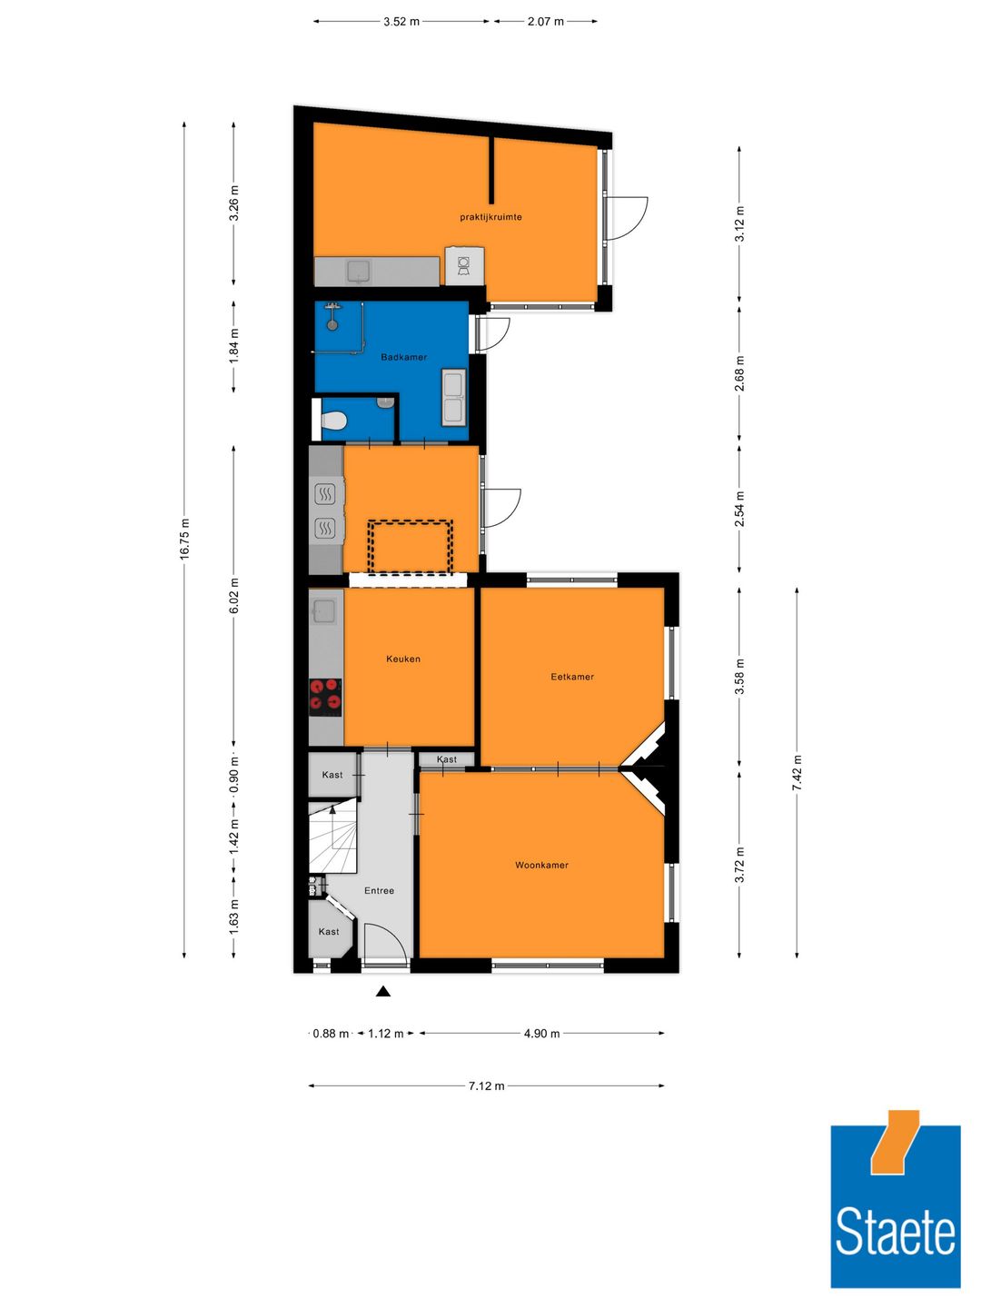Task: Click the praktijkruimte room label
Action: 490,217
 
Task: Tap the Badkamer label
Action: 403,357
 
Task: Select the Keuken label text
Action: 403,659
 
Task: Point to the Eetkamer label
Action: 572,677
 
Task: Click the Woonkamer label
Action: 541,865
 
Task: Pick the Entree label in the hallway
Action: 379,890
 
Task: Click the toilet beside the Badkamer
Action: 334,421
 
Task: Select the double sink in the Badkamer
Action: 453,397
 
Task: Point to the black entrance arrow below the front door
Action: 383,991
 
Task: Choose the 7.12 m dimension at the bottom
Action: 486,1085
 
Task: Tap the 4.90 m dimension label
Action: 541,1033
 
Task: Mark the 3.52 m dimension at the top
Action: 401,21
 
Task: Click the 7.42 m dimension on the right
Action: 797,772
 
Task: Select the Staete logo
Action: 895,1199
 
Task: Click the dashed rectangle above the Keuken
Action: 410,547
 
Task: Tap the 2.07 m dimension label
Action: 545,21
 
